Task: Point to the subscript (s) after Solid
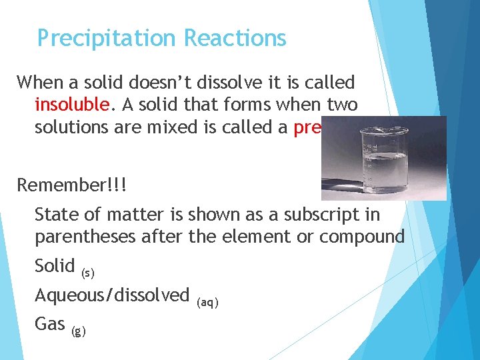(87, 273)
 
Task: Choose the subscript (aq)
(207, 302)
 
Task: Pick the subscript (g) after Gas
(77, 331)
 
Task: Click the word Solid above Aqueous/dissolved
(55, 265)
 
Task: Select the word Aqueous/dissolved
(112, 295)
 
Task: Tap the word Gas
(49, 324)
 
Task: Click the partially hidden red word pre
(309, 127)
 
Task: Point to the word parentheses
(85, 237)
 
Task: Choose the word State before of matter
(55, 215)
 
